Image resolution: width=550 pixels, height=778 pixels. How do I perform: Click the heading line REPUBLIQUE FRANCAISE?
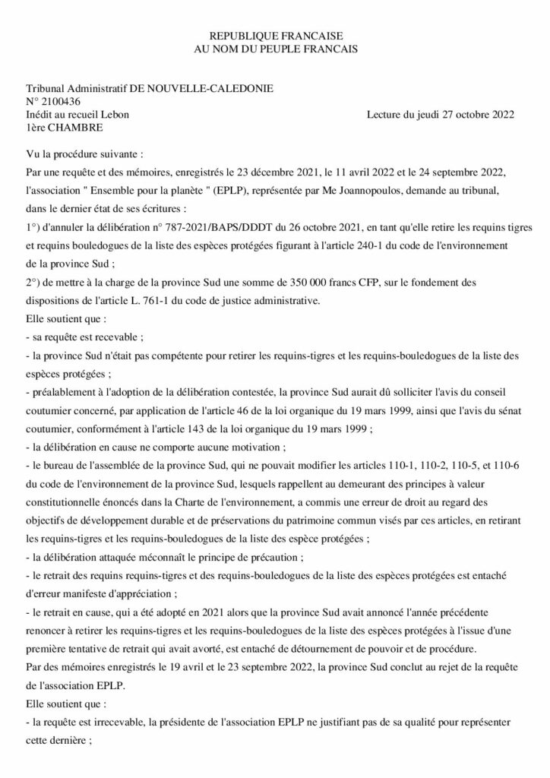pos(274,36)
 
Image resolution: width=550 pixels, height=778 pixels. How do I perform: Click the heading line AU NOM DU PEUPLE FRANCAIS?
pos(274,49)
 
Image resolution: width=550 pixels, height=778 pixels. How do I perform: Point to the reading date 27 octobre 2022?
pos(476,115)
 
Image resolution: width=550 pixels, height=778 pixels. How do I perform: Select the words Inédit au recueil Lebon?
pos(77,115)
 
